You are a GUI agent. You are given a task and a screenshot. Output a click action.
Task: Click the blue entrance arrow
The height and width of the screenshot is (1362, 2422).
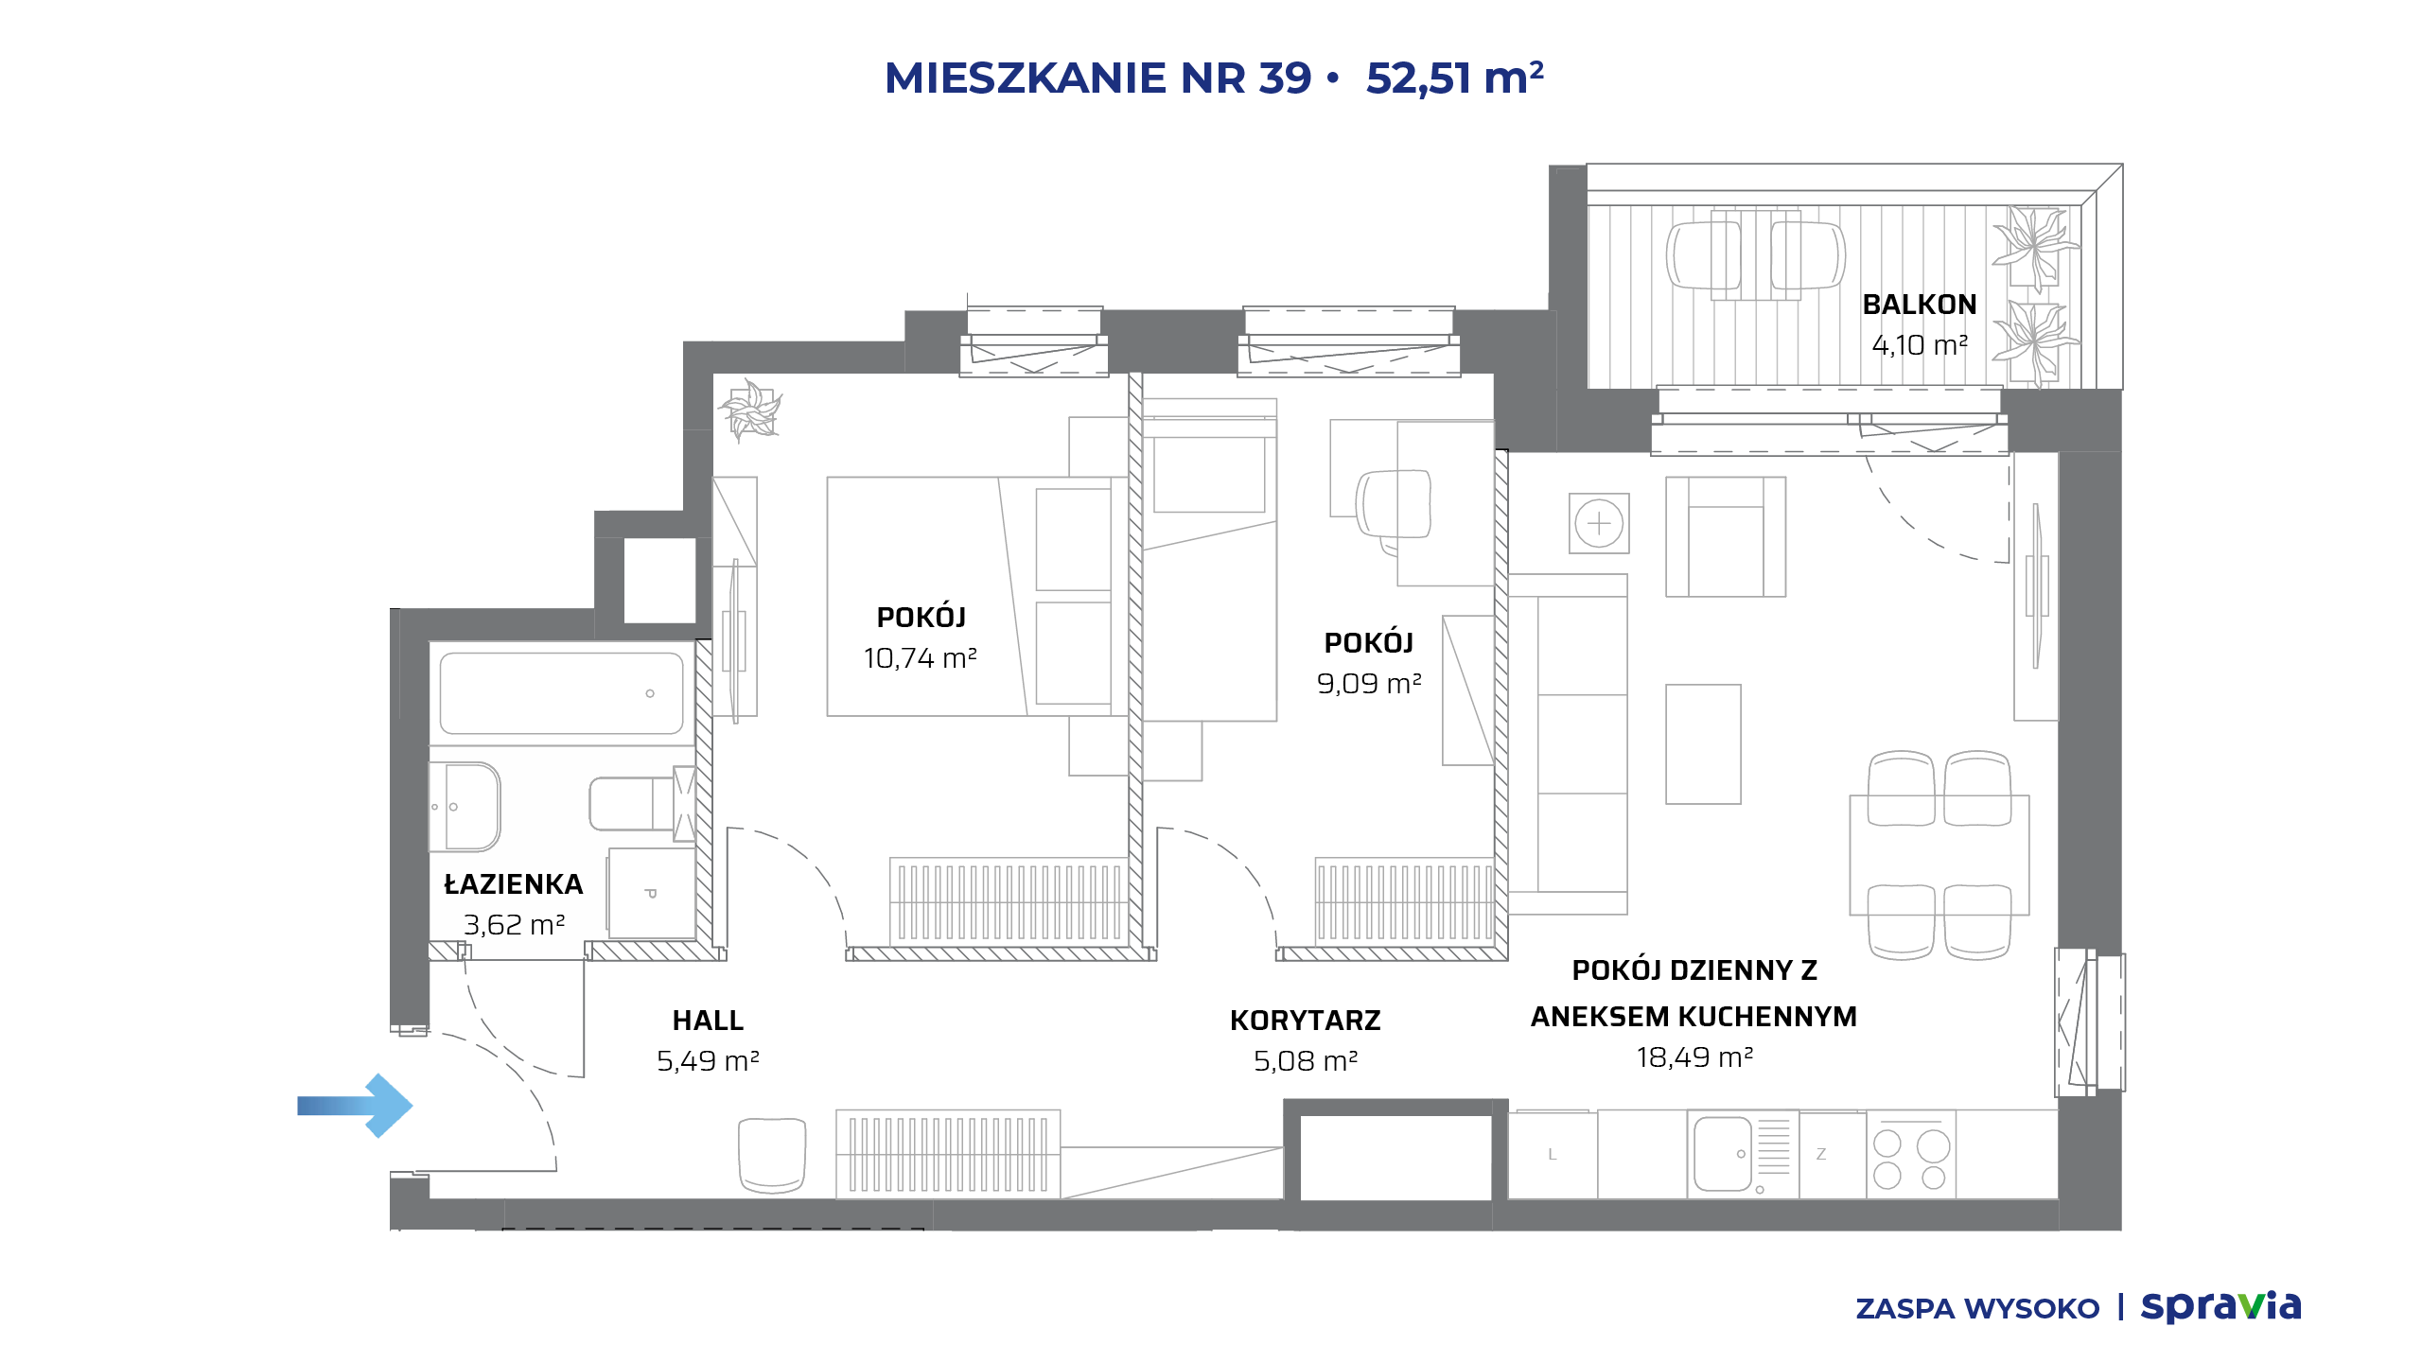[356, 1105]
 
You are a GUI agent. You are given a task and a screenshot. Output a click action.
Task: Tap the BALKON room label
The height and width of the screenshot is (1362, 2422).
[1920, 305]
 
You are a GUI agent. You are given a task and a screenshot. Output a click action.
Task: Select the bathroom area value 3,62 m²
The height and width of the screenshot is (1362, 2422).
[514, 924]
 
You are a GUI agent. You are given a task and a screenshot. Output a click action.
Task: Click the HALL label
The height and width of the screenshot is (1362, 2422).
[708, 1021]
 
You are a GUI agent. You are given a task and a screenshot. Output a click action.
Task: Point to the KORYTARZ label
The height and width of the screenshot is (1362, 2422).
[1306, 1021]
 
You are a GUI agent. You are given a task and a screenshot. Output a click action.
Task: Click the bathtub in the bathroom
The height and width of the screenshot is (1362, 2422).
[561, 693]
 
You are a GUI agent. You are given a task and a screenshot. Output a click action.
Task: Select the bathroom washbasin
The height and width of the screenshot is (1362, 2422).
[465, 807]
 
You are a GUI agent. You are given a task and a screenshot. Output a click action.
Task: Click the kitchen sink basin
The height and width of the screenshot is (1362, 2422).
[1723, 1154]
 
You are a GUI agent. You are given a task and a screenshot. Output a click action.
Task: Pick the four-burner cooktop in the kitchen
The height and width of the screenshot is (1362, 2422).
[1910, 1158]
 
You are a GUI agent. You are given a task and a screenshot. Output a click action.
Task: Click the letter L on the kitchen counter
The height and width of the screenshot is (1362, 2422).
[1553, 1154]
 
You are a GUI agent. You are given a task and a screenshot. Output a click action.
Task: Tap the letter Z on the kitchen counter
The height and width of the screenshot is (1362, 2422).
[1821, 1154]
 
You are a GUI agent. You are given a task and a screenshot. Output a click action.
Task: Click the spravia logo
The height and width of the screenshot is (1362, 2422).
[2220, 1307]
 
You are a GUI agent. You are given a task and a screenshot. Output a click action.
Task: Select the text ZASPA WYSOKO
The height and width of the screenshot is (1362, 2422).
[1977, 1309]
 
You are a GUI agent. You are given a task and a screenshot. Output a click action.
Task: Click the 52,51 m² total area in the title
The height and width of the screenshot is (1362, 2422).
[1455, 78]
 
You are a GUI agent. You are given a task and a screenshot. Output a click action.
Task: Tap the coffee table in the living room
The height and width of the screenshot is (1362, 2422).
[1703, 744]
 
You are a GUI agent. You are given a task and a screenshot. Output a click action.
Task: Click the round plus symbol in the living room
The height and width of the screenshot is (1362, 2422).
[1599, 523]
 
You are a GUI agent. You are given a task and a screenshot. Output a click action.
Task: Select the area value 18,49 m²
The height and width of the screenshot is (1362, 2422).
[1694, 1057]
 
